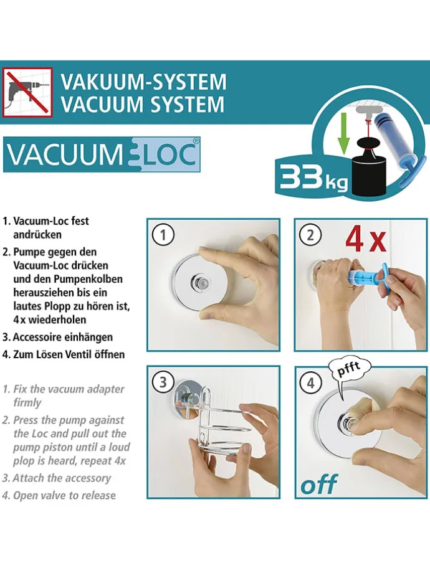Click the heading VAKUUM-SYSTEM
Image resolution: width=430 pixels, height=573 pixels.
pos(143,82)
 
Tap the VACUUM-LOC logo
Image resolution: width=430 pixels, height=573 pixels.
pos(102,155)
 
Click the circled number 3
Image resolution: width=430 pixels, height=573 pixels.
pos(163,382)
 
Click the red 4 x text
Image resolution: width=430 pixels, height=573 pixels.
pos(366,239)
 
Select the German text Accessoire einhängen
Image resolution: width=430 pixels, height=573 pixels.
pos(63,337)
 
